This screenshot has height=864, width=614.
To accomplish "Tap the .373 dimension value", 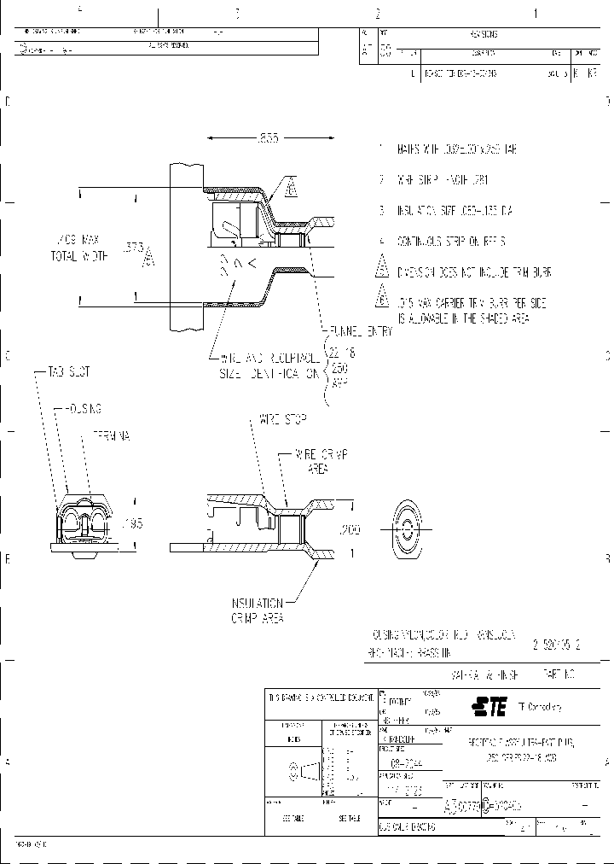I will coord(134,247).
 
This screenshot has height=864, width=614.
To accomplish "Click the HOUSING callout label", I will coord(82,408).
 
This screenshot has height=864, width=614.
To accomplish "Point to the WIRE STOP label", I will coord(281,420).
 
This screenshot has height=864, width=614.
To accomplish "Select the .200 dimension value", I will coord(350,530).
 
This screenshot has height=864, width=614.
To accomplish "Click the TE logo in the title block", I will coord(490,706).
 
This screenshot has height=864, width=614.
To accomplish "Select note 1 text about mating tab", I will coord(457,149).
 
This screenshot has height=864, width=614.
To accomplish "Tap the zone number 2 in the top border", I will coord(376,13).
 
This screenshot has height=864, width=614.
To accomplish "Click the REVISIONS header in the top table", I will coord(483,35).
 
